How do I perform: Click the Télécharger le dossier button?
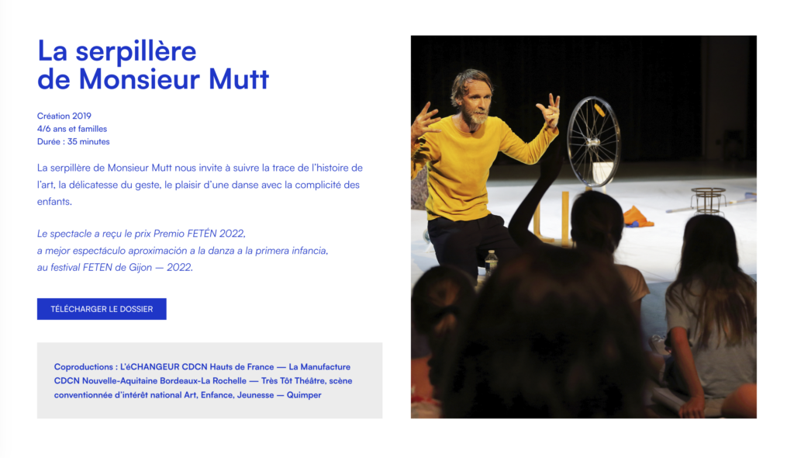[102, 309]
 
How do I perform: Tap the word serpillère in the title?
[136, 52]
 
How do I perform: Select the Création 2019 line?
[64, 116]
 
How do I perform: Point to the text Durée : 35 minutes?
[74, 141]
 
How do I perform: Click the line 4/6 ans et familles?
[72, 129]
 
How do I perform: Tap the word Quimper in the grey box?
[304, 394]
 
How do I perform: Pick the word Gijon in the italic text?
[140, 267]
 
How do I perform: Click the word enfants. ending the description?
[55, 201]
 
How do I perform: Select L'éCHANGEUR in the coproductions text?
[150, 366]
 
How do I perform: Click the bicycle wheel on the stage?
[593, 141]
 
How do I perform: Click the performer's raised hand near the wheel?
[549, 109]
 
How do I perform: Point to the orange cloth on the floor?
[637, 217]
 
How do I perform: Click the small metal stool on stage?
[709, 200]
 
